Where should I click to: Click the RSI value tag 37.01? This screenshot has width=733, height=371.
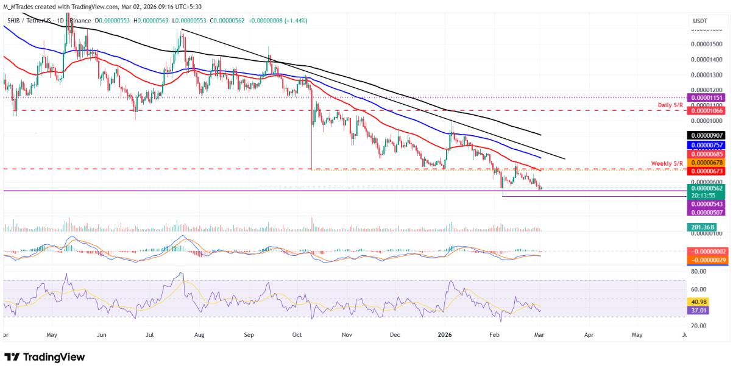pyautogui.click(x=698, y=310)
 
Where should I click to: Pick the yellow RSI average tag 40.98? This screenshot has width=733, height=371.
pyautogui.click(x=698, y=301)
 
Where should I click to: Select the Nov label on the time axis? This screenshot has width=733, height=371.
pyautogui.click(x=347, y=334)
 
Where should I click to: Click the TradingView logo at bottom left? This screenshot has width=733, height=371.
pyautogui.click(x=44, y=357)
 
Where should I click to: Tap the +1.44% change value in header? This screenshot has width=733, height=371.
pyautogui.click(x=296, y=21)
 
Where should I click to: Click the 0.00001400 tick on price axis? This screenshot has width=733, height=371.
pyautogui.click(x=707, y=60)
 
